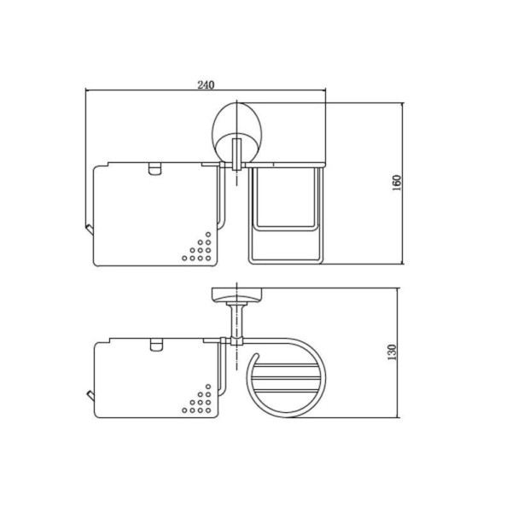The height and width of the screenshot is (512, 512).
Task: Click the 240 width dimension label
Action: pyautogui.click(x=206, y=84)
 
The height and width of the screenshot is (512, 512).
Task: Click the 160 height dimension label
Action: pyautogui.click(x=396, y=183)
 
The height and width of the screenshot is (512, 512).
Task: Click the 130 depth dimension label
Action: pyautogui.click(x=392, y=352)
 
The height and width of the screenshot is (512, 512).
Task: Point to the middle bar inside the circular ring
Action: pyautogui.click(x=285, y=378)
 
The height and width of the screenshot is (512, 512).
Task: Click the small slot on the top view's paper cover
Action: pyautogui.click(x=154, y=169)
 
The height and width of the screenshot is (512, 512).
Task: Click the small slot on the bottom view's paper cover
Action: pyautogui.click(x=156, y=345)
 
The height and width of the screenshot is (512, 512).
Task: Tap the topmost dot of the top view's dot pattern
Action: pyautogui.click(x=208, y=235)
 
